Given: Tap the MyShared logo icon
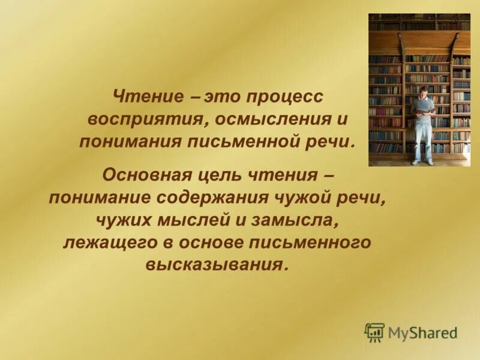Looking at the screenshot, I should coord(374,332).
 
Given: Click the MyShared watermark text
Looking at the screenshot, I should coord(422,332).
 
